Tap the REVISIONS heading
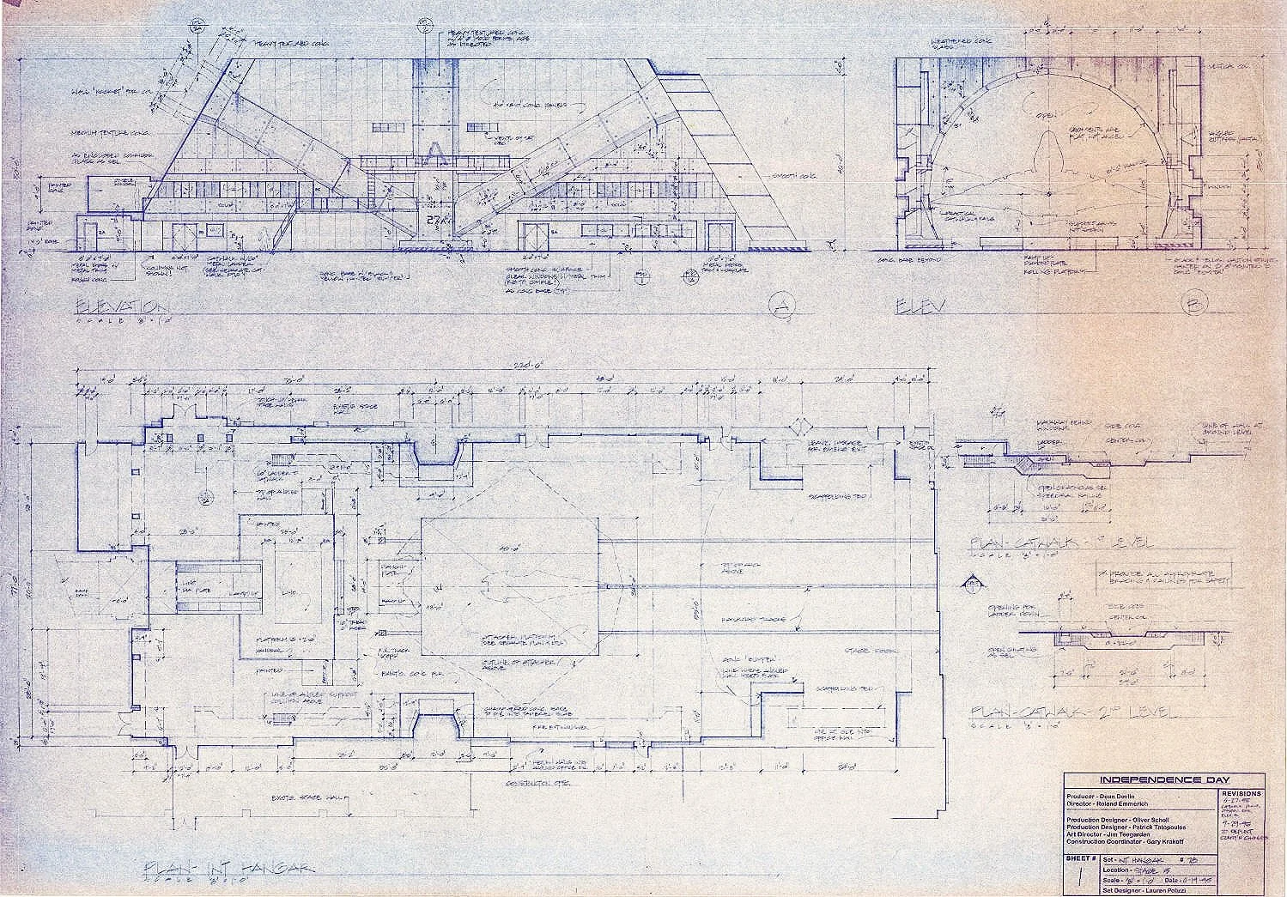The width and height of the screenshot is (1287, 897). (1241, 795)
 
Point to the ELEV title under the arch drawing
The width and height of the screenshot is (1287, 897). (920, 306)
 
